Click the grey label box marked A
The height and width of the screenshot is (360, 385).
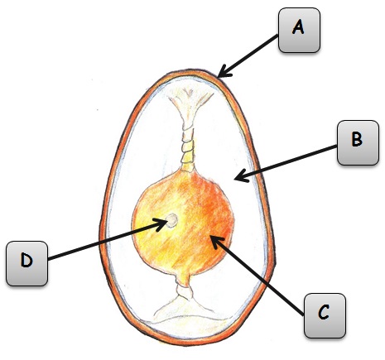click(299, 31)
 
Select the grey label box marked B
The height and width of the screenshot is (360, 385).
click(358, 143)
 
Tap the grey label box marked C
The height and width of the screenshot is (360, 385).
click(325, 316)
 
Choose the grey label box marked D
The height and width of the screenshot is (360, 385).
click(26, 263)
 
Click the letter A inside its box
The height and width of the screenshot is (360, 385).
click(298, 27)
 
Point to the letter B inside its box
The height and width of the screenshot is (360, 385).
click(357, 140)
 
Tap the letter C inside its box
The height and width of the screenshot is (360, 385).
click(323, 312)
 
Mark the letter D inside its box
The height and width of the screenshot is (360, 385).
click(26, 260)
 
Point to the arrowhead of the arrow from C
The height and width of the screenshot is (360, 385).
click(216, 242)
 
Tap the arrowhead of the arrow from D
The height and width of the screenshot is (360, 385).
click(161, 223)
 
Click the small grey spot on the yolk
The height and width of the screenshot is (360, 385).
click(171, 220)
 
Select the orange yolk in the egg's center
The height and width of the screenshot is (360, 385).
click(183, 223)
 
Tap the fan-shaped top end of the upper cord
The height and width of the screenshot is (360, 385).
click(190, 99)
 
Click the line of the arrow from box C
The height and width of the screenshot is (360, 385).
click(257, 276)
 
